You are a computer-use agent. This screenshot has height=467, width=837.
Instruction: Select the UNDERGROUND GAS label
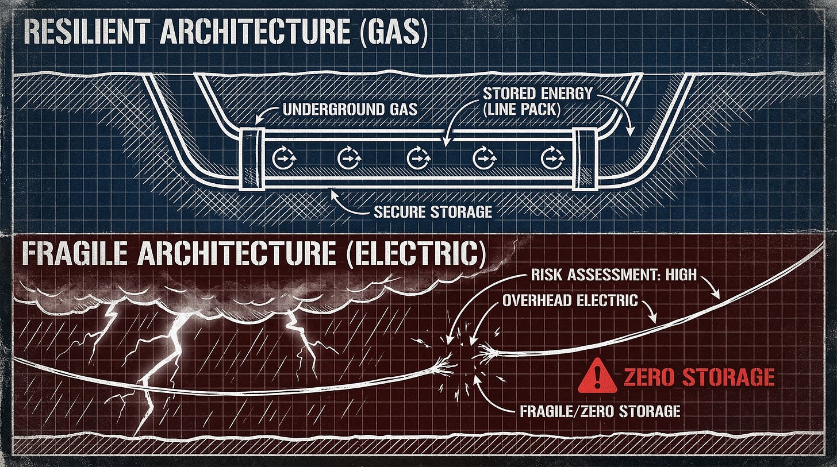coord(350,109)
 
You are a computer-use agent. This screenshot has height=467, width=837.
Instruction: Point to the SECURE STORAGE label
coord(433,211)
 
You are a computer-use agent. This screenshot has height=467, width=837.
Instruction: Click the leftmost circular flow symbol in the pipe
coord(282,157)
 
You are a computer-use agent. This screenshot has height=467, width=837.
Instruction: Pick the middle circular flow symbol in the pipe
coord(417,157)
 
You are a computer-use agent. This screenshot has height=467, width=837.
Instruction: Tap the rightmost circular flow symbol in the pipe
coord(550,157)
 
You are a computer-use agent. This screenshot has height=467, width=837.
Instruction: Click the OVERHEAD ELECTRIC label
coord(570,300)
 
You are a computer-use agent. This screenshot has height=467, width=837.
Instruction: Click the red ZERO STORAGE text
coord(698,377)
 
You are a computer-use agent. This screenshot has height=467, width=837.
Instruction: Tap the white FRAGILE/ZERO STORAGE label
coord(600,411)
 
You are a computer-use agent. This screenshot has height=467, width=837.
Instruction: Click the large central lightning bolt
coord(167,345)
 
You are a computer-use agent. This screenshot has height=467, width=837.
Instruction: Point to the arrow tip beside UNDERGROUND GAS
coord(256,121)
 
